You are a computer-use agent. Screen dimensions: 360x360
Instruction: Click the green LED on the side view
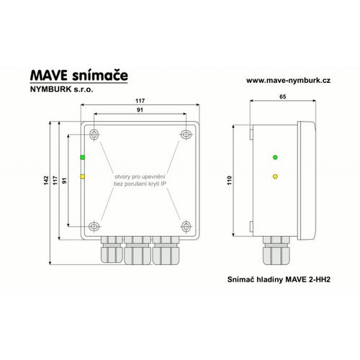click(275, 158)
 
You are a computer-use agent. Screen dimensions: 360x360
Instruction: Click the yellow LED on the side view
click(275, 176)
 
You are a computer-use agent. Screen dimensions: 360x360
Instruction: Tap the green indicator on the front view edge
click(82, 158)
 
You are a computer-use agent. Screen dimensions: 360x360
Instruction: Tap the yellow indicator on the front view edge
click(82, 176)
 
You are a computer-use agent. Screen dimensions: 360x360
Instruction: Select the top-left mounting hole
click(94, 135)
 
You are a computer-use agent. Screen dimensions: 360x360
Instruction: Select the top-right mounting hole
click(186, 134)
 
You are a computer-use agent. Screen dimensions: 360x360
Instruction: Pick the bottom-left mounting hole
click(94, 226)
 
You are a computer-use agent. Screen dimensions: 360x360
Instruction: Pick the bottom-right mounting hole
click(186, 226)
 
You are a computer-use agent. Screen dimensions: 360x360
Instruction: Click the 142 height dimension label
click(46, 180)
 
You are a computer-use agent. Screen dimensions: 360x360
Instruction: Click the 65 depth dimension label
click(283, 96)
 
